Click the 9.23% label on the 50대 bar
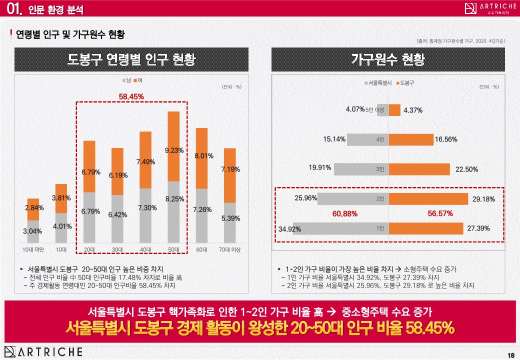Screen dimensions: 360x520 (174, 150)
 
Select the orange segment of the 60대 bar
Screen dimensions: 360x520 (201, 158)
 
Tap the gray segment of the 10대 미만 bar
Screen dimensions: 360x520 (33, 231)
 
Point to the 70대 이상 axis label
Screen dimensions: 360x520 (229, 249)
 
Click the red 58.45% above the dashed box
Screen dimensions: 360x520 (131, 96)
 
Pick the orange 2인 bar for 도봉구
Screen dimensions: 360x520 (428, 199)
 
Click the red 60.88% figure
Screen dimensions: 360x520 (344, 213)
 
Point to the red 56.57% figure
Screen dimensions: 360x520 (440, 213)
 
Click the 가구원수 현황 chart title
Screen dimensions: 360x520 (387, 60)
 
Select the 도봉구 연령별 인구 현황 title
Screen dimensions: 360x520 (131, 60)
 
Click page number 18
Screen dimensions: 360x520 (510, 355)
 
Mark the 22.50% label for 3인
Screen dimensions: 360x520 (466, 169)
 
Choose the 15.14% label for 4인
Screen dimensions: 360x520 (334, 139)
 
